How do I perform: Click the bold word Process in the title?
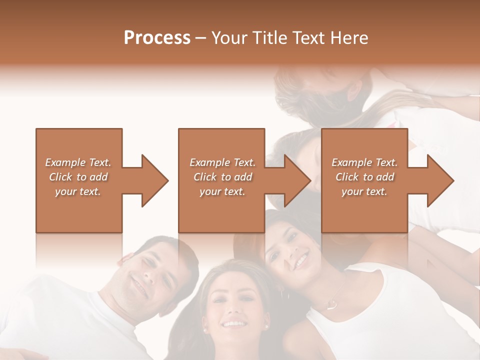click(x=157, y=38)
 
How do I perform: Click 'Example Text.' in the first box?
click(x=78, y=162)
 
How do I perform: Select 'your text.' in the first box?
click(x=78, y=191)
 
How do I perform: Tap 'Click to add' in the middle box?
click(x=222, y=177)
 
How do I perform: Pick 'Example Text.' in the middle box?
click(x=222, y=162)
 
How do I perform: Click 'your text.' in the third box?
click(x=364, y=191)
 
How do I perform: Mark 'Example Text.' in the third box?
click(x=364, y=162)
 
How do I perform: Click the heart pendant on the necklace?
click(x=330, y=303)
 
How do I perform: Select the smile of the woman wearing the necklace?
click(x=300, y=260)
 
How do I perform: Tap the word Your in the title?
click(x=229, y=38)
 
